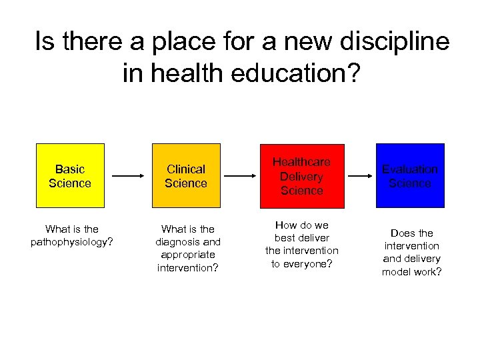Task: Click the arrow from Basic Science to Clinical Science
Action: pos(128,176)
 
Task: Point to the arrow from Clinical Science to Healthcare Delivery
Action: pos(244,176)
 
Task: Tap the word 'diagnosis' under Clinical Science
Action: pos(177,242)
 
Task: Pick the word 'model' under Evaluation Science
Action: pos(397,271)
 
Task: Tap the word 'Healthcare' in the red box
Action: pos(301,162)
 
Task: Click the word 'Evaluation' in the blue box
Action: pos(410,169)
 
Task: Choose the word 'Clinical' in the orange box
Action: pos(186,169)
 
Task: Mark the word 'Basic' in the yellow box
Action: pos(70,169)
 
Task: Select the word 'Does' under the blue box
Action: pos(403,233)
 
